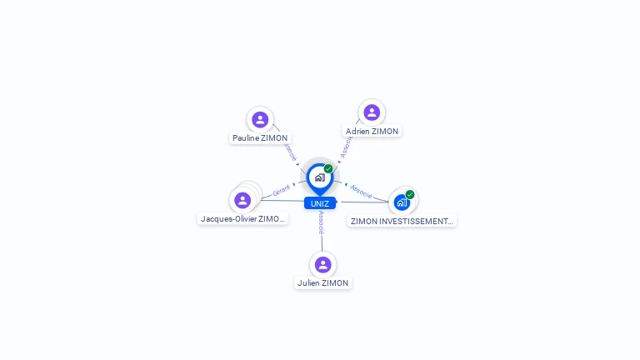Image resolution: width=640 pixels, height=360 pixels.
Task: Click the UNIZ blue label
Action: click(320, 203)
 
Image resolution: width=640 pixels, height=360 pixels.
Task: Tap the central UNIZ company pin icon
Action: click(319, 177)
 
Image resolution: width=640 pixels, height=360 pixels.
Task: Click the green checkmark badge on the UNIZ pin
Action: click(328, 168)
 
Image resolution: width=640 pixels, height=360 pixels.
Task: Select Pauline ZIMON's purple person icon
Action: click(260, 119)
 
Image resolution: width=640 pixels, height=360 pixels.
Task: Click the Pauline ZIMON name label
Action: click(260, 138)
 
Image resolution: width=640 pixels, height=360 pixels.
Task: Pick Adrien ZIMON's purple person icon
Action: click(372, 112)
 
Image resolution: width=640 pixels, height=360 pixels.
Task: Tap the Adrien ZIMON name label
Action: click(372, 132)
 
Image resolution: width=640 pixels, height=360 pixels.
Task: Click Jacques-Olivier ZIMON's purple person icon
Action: click(242, 200)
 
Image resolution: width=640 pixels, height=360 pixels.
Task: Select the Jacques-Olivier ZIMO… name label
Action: click(243, 219)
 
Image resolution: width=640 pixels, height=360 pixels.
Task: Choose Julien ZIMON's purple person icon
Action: click(322, 264)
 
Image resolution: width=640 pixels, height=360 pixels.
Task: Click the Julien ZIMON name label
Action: click(322, 283)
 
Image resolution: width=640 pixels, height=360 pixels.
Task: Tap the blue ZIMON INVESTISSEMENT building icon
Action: click(402, 202)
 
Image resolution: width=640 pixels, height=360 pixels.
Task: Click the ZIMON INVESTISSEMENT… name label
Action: click(402, 222)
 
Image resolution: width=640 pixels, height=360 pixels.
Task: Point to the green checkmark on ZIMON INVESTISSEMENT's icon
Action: click(410, 194)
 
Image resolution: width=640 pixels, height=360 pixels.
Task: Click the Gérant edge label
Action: click(281, 192)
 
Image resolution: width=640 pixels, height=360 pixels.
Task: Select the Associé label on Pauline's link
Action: click(290, 152)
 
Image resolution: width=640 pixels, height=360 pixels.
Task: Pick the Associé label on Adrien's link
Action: click(346, 146)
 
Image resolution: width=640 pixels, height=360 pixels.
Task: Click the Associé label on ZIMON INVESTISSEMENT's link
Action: click(361, 190)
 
